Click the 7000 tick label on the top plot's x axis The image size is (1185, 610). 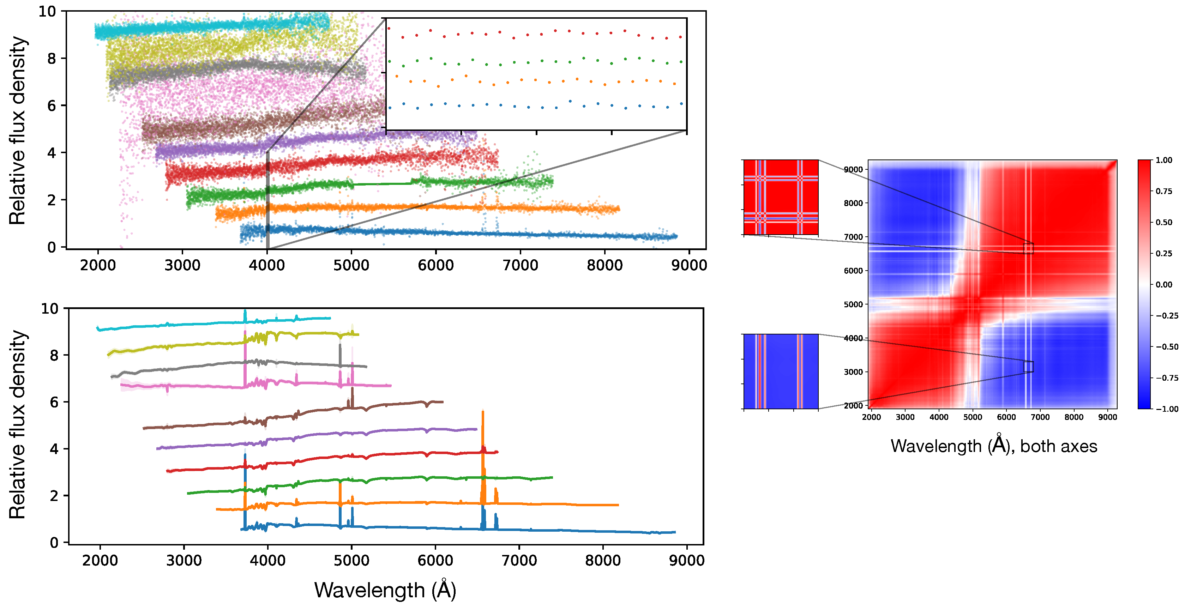(x=520, y=265)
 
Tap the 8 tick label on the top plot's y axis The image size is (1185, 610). (x=52, y=59)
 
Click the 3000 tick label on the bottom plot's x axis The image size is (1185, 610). (x=184, y=560)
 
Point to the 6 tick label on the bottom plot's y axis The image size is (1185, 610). (x=54, y=402)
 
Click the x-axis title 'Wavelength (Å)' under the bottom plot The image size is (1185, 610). (x=385, y=590)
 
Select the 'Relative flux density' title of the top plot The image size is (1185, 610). (x=18, y=130)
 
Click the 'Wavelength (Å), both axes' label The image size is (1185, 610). (x=994, y=446)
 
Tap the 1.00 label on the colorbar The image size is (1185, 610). (x=1164, y=160)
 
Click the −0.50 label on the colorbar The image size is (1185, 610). (x=1167, y=347)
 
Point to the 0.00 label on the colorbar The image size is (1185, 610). (x=1164, y=285)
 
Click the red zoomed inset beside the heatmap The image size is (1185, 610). (x=781, y=197)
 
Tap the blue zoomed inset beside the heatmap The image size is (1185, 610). (x=781, y=371)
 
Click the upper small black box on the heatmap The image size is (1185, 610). (x=1028, y=248)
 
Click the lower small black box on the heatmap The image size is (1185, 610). (x=1028, y=367)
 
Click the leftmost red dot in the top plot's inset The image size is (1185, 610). (x=389, y=29)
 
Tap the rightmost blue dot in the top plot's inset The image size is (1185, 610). (x=681, y=104)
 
